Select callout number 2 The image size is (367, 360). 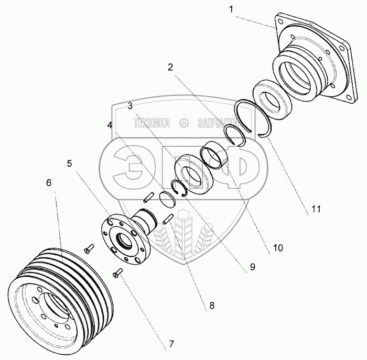click(170, 67)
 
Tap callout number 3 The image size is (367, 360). click(131, 106)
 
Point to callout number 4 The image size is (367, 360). click(109, 125)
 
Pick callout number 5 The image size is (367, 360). click(70, 163)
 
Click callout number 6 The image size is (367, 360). click(49, 183)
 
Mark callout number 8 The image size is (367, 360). click(211, 305)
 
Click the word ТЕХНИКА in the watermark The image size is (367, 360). click(152, 124)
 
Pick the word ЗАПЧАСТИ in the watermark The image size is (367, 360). click(215, 124)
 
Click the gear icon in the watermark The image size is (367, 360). click(183, 124)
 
